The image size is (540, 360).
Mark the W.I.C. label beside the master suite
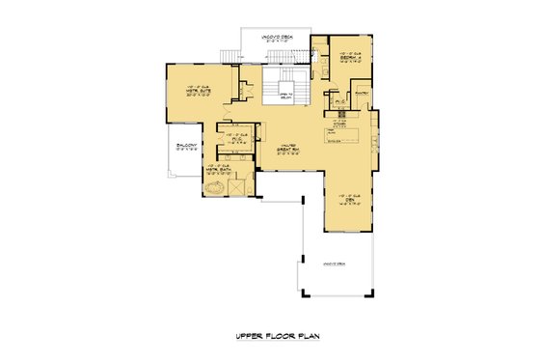(232, 136)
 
